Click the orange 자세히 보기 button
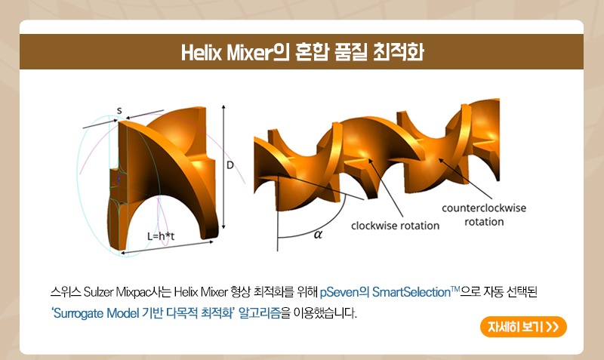point(523,327)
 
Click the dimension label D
point(230,165)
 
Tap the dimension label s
point(119,110)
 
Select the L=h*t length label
point(161,236)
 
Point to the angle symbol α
point(318,234)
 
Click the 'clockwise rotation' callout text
point(395,226)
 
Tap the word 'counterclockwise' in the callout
point(484,208)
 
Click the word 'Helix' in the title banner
point(202,52)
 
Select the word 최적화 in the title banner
point(399,52)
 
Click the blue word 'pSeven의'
point(344,292)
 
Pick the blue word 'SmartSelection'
point(411,292)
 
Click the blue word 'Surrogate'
point(78,313)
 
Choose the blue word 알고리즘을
point(264,313)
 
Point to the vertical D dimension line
point(223,167)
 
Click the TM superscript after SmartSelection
point(455,289)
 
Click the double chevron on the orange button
point(553,327)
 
